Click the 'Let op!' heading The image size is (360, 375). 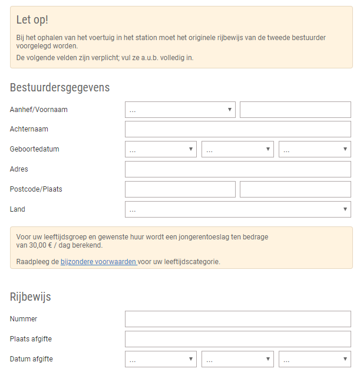32,20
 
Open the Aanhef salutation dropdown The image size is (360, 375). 180,110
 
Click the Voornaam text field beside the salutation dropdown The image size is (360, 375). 295,110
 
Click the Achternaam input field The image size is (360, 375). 237,129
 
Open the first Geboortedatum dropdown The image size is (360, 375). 160,149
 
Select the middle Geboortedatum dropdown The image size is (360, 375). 237,149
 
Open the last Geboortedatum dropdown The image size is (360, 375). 315,149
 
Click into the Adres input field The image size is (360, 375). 237,169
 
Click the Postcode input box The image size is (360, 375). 180,189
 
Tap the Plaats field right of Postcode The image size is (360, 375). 295,189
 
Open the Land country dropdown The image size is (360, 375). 237,209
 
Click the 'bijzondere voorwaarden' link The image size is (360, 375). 98,262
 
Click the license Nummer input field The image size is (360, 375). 237,319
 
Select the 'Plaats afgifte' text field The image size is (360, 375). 237,339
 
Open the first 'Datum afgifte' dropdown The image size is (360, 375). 160,359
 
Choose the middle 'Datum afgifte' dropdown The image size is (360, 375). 237,359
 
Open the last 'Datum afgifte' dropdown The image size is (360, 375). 315,359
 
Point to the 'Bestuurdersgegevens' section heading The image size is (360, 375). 60,88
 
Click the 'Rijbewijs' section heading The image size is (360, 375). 31,297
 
